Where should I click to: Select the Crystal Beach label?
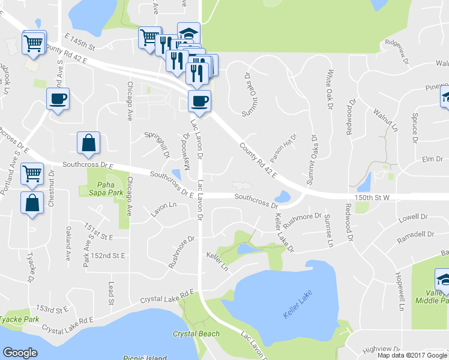pos(196,334)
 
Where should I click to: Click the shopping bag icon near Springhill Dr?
pos(88,143)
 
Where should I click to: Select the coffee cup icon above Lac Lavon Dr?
pos(199,101)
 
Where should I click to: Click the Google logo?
pos(20,352)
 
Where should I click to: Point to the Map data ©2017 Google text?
pos(412,355)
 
